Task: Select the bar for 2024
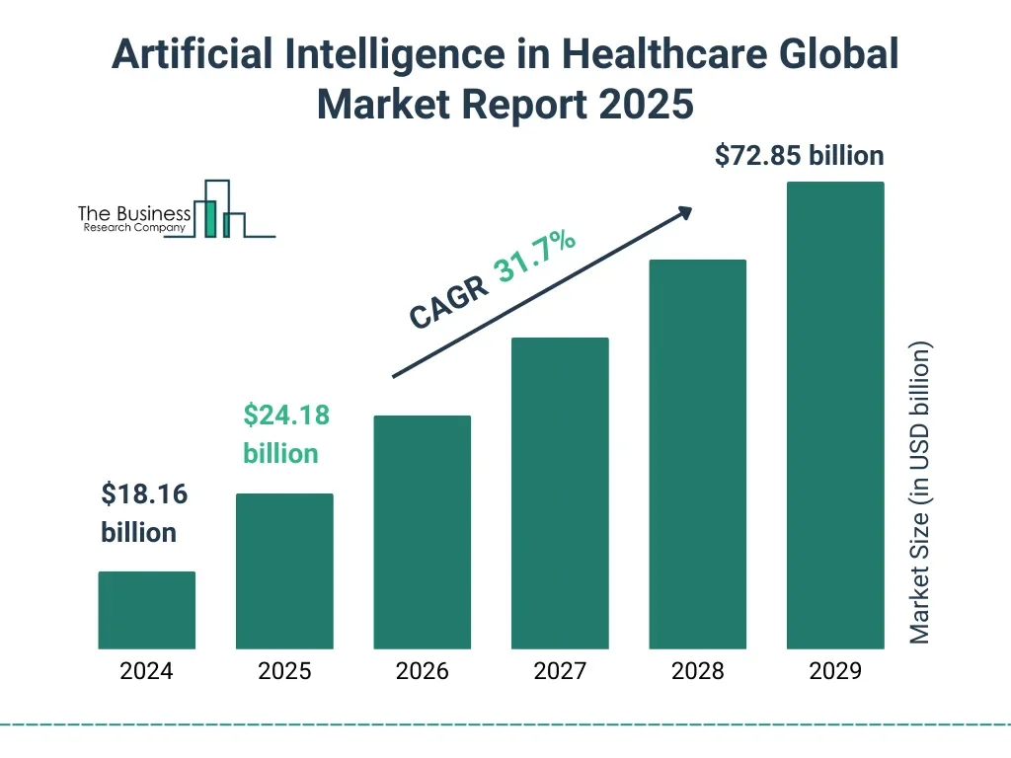coord(146,610)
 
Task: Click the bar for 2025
coord(284,570)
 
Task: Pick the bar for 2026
coord(422,532)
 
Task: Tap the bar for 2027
coord(560,493)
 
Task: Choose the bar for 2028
coord(697,454)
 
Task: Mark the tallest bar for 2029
coord(835,415)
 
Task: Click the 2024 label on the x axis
coord(146,672)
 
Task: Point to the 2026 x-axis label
coord(422,672)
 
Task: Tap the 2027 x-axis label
coord(560,672)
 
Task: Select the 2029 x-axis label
coord(835,672)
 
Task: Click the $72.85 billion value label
coord(800,156)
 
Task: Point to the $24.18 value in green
coord(286,416)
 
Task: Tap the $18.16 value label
coord(144,494)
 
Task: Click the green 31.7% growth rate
coord(536,257)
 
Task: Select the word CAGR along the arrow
coord(449,303)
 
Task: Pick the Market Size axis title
coord(920,493)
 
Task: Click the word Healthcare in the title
coord(682,54)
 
